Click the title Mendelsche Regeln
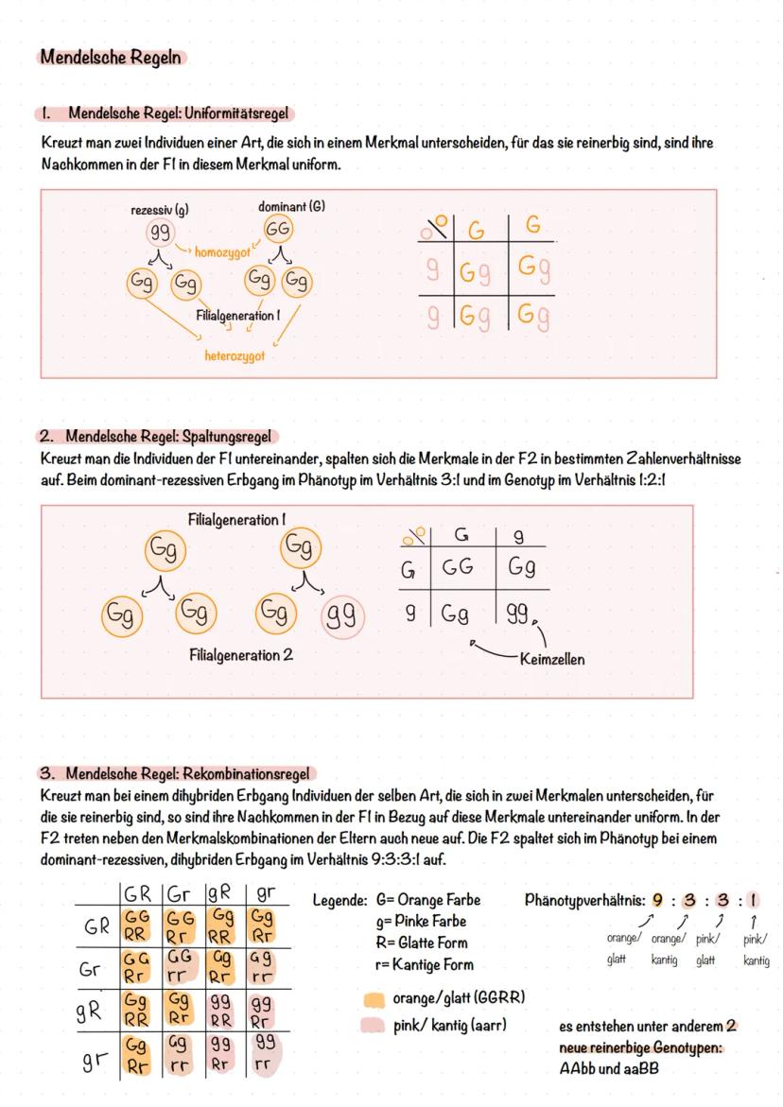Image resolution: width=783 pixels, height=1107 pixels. click(x=111, y=58)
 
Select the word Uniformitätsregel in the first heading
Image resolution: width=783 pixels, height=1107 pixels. click(x=237, y=113)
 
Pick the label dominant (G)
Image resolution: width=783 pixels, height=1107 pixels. click(x=290, y=206)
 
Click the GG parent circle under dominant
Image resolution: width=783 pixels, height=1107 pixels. click(x=277, y=230)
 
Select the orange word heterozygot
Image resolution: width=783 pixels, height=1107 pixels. click(x=235, y=356)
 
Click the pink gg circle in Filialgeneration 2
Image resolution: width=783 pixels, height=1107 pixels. click(x=344, y=615)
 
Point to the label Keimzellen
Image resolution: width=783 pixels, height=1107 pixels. click(x=552, y=659)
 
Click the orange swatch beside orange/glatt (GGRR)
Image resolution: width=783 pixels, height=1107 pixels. click(x=374, y=998)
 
